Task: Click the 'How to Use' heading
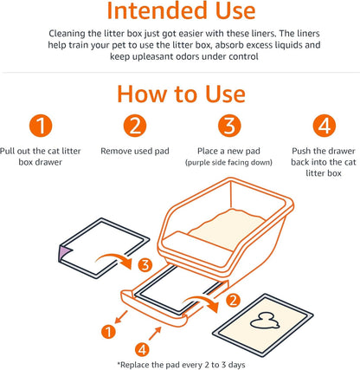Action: [x=179, y=93]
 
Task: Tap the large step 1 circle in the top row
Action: [x=43, y=126]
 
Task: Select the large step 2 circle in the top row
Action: [x=133, y=126]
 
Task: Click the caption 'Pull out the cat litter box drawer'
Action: [x=43, y=157]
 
